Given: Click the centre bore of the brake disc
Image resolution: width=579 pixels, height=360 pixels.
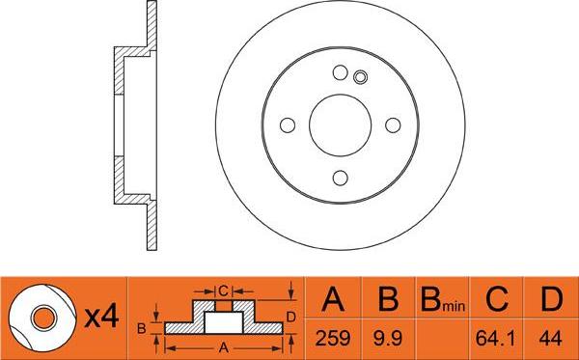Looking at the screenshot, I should pyautogui.click(x=340, y=125).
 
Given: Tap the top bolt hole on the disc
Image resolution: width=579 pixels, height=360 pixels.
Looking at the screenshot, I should pyautogui.click(x=340, y=72).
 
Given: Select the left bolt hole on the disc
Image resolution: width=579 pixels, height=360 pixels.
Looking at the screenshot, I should pyautogui.click(x=288, y=125).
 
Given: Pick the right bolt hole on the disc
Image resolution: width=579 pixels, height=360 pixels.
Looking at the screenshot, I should pyautogui.click(x=393, y=125).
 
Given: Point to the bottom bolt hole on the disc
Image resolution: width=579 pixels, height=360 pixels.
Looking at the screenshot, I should pyautogui.click(x=340, y=177).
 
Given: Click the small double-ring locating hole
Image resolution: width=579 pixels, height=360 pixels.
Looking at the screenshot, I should pyautogui.click(x=360, y=78).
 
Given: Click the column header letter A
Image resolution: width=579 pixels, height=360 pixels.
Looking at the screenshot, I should pyautogui.click(x=333, y=301).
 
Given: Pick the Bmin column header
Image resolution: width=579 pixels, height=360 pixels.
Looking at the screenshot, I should pyautogui.click(x=441, y=302).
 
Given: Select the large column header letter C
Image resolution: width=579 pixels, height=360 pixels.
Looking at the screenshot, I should pyautogui.click(x=495, y=301).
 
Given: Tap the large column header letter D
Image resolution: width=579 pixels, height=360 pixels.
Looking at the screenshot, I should pyautogui.click(x=550, y=301).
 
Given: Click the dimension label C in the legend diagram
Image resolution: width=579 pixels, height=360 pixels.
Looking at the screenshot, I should pyautogui.click(x=222, y=289).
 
